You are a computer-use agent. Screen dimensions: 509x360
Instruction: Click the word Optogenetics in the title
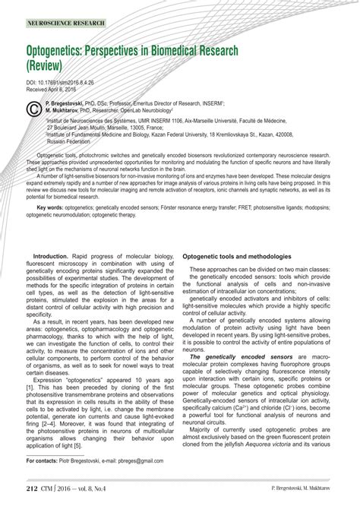point(63,51)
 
